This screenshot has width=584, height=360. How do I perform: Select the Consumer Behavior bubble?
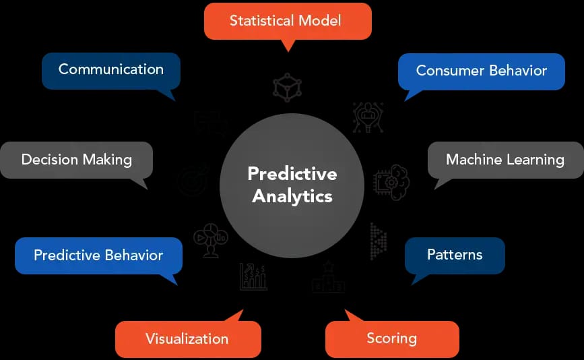(481, 71)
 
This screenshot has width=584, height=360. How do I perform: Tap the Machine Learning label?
(505, 160)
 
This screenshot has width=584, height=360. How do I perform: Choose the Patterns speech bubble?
(455, 255)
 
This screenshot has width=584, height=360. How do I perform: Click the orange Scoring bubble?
(391, 338)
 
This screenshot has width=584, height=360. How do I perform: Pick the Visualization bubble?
(187, 338)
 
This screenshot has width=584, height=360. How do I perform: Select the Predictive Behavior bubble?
(98, 255)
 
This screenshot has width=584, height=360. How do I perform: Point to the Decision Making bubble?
(76, 160)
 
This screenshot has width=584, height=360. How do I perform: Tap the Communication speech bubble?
(111, 69)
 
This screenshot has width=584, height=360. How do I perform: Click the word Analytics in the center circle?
(292, 196)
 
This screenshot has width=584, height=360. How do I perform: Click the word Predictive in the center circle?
(292, 174)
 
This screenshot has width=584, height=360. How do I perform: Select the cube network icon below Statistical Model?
(288, 87)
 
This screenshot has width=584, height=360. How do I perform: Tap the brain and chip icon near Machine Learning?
(391, 180)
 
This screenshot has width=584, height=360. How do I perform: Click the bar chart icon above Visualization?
(253, 276)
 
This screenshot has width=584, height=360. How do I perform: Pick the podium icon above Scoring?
(329, 277)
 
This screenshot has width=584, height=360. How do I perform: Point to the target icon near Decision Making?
(192, 180)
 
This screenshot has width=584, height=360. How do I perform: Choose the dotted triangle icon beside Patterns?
(378, 241)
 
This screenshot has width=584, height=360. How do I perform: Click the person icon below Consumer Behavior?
(368, 117)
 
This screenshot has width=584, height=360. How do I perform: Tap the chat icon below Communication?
(210, 123)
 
